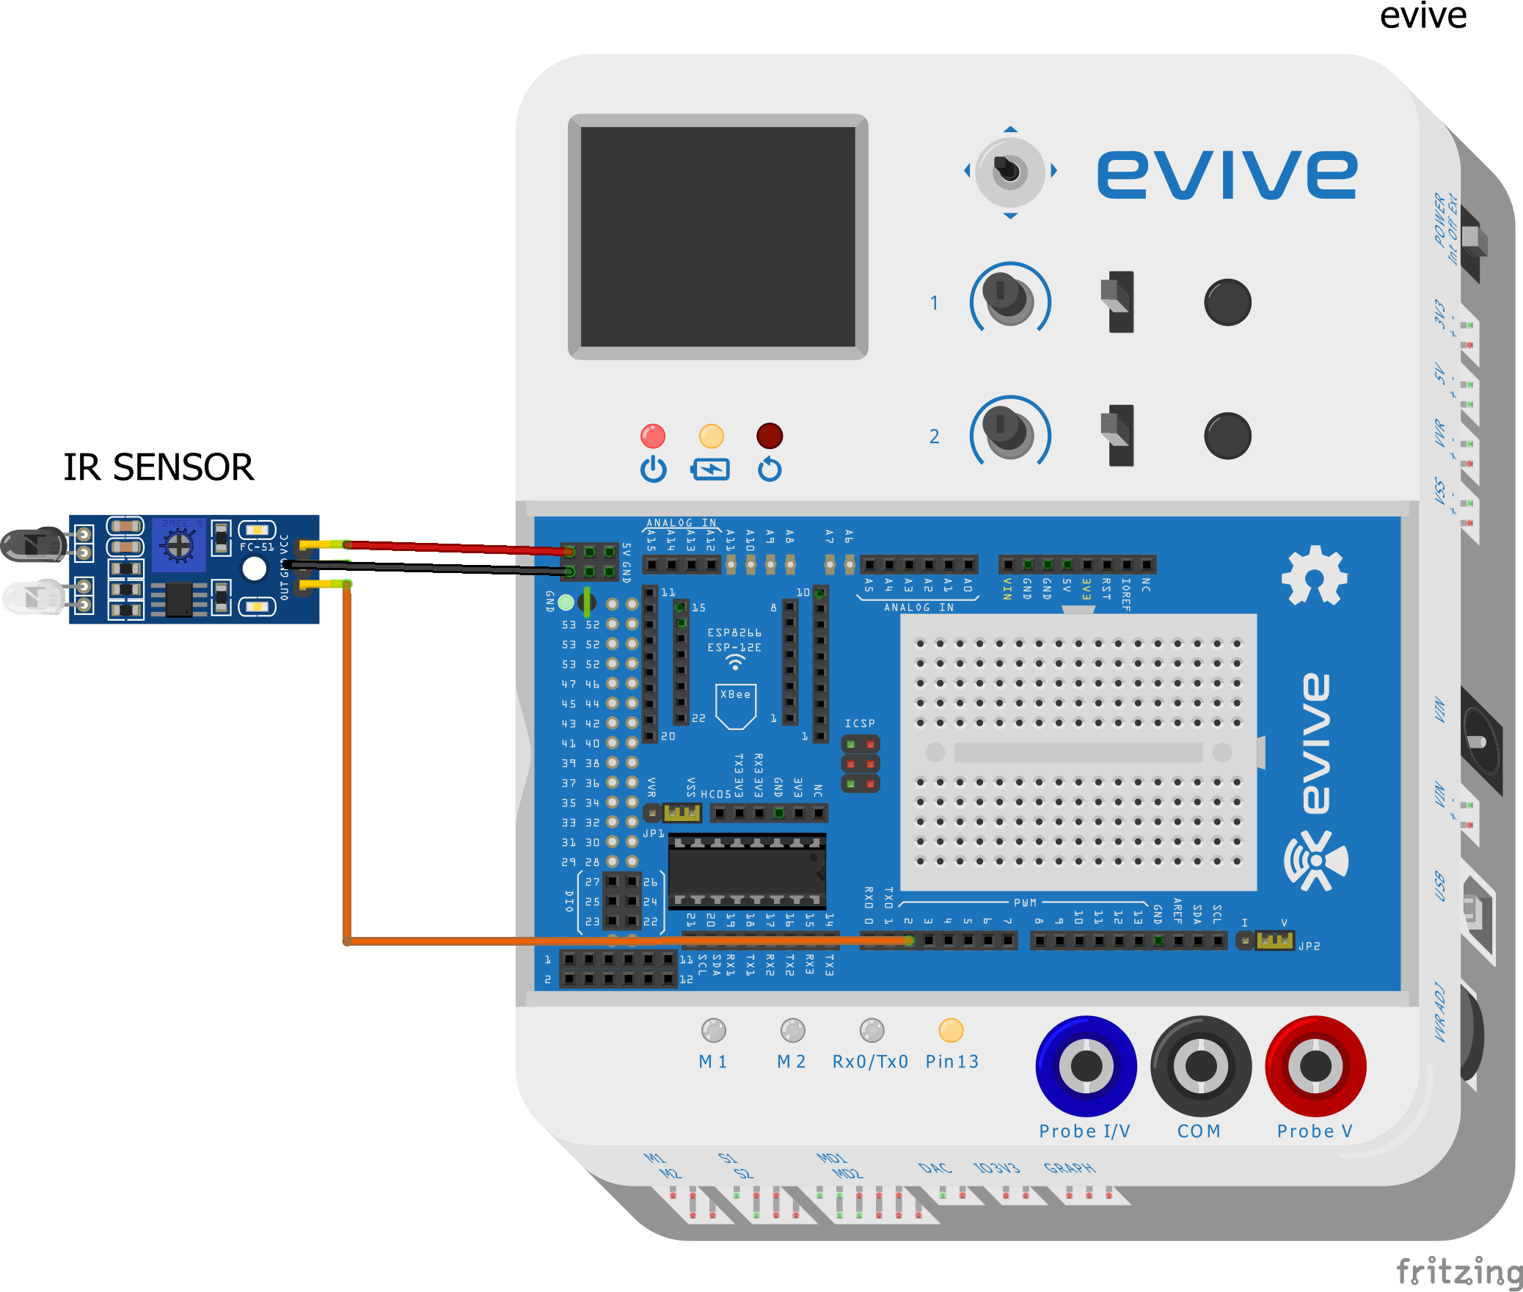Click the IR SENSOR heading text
coord(158,467)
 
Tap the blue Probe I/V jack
coord(1086,1065)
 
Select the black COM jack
coord(1200,1065)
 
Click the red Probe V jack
coord(1315,1065)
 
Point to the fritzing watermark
coord(1458,1271)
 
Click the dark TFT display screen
coord(717,236)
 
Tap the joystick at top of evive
coord(1009,172)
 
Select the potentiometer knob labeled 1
coord(1009,298)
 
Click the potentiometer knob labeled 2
coord(1009,431)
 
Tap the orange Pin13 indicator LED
coord(951,1030)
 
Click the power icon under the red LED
coord(653,470)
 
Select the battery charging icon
coord(710,470)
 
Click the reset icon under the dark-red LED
coord(770,470)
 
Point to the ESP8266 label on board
coord(734,632)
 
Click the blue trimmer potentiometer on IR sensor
coord(178,545)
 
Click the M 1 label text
coord(712,1062)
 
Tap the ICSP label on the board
coord(860,723)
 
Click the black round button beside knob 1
coord(1227,302)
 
